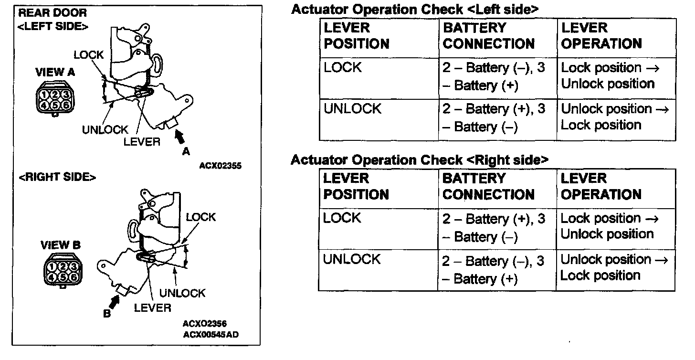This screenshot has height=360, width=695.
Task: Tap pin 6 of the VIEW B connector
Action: (73, 277)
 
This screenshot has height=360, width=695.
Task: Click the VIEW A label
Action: (55, 73)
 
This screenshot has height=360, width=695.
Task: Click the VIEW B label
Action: (61, 245)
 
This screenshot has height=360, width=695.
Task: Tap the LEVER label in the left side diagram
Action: (142, 142)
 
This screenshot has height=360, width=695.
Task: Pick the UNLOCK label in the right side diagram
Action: (182, 293)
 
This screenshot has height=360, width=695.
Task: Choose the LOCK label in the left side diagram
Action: (88, 55)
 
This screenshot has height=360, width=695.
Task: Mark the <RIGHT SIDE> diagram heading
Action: (57, 177)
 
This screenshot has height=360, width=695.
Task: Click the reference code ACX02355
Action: (220, 166)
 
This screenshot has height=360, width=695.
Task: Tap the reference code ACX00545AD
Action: (211, 334)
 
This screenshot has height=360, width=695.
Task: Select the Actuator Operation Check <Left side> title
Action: (415, 9)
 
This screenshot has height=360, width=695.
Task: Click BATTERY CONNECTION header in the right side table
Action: (488, 186)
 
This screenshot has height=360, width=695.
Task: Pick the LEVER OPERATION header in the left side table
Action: (601, 36)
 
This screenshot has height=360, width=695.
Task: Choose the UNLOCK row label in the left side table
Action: (352, 109)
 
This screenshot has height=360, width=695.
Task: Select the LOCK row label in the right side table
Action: (342, 218)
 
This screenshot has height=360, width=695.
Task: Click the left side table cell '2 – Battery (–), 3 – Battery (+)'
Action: (494, 76)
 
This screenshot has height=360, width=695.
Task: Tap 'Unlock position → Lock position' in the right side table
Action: (613, 267)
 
